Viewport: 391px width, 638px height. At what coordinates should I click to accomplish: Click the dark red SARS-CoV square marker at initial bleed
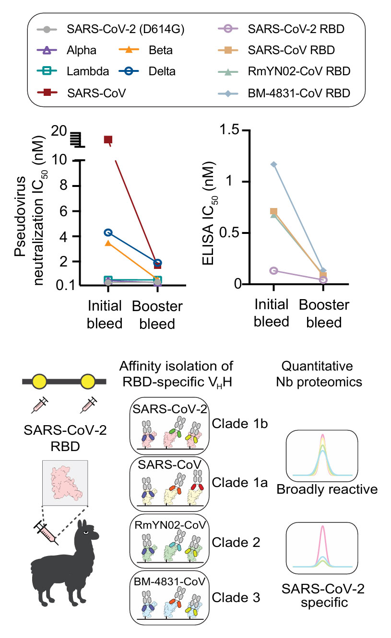coord(108,140)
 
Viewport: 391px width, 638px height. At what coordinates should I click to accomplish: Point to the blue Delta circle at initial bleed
coord(108,232)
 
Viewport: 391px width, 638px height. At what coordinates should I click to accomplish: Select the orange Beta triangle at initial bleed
coord(108,244)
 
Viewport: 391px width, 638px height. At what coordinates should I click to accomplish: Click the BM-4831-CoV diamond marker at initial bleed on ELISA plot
coord(273,164)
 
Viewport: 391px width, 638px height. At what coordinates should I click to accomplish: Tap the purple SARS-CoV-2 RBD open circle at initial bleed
coord(273,271)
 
